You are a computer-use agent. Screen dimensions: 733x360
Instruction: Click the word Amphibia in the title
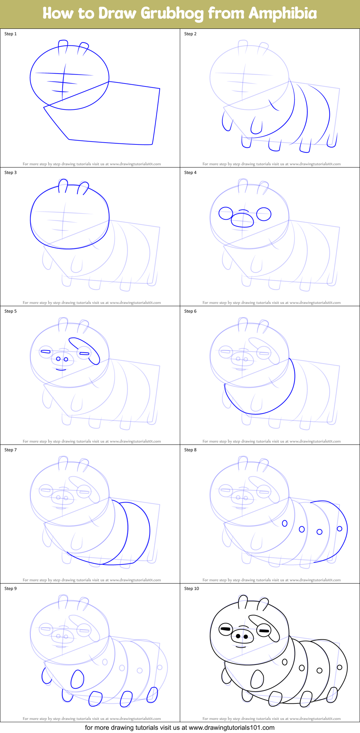(x=283, y=14)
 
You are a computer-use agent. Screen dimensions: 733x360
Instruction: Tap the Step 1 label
(x=10, y=34)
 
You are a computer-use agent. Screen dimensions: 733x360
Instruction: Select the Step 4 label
(x=190, y=173)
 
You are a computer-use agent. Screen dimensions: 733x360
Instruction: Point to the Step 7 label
(x=10, y=450)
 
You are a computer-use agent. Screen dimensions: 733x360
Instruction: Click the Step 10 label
(x=191, y=589)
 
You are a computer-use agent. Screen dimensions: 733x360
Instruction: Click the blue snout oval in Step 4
(x=243, y=220)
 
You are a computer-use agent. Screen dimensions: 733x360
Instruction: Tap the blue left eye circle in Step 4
(x=226, y=213)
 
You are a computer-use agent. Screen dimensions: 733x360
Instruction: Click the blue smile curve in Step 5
(x=61, y=369)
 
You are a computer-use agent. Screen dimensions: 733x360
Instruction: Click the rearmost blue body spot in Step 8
(x=339, y=528)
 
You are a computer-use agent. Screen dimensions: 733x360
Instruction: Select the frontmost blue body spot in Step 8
(x=285, y=523)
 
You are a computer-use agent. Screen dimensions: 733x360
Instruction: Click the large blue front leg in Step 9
(x=77, y=679)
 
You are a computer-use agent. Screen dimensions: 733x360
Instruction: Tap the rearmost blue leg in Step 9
(x=152, y=694)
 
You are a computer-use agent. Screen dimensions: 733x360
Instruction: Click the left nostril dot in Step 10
(x=238, y=636)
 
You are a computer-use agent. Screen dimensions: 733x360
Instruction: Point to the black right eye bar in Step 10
(x=264, y=631)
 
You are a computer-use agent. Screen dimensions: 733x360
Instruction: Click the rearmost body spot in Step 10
(x=339, y=667)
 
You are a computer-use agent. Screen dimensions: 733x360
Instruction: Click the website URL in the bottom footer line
(x=232, y=728)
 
